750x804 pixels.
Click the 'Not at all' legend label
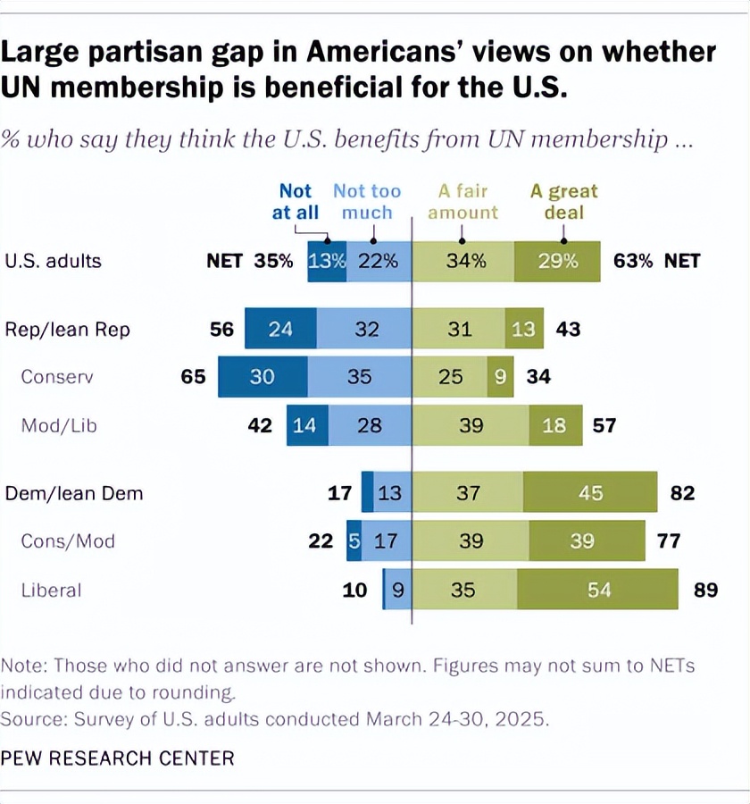pos(296,202)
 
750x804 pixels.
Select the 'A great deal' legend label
pos(563,202)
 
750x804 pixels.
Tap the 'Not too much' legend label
pos(367,202)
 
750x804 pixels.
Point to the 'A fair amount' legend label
pos(462,202)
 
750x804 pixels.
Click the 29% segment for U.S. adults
pos(557,262)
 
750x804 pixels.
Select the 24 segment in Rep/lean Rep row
pos(280,330)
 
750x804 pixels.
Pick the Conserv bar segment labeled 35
pos(359,377)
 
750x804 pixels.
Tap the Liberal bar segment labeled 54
pos(596,590)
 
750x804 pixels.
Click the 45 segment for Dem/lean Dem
pos(589,493)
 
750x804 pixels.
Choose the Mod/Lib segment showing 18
pos(554,425)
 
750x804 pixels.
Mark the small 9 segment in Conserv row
pos(500,377)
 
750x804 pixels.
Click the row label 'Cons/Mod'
pos(68,541)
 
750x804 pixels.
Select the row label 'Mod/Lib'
pos(59,425)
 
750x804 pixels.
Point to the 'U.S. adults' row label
pos(54,262)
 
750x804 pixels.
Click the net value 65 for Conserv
pos(193,377)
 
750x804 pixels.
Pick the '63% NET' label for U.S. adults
pos(657,262)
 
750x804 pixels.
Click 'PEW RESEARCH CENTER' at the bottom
pos(117,758)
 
